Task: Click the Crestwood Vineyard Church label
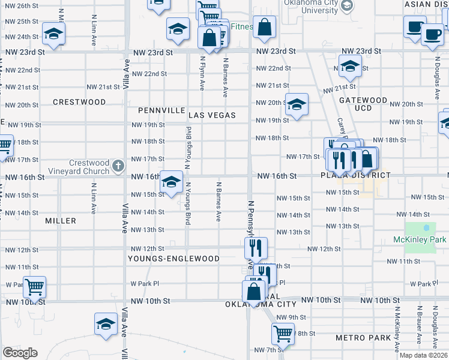point(88,167)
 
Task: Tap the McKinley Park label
point(420,240)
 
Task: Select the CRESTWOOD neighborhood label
point(79,102)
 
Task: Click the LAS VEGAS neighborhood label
point(212,115)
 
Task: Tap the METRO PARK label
point(364,338)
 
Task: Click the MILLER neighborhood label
point(61,221)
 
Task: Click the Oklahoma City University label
point(312,7)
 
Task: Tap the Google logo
point(20,353)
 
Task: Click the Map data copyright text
point(423,355)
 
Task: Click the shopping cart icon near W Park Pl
point(35,286)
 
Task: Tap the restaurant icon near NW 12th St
point(256,246)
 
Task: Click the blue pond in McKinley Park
point(426,228)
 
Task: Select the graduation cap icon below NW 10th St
point(106,323)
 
